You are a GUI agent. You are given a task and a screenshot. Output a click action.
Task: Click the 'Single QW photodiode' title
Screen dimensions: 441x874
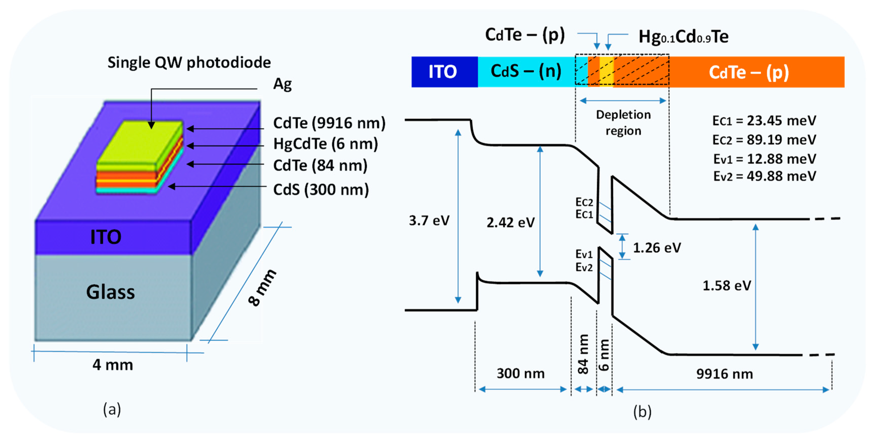pos(189,62)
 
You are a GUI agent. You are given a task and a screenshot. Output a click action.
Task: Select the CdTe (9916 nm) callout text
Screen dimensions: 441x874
pos(329,123)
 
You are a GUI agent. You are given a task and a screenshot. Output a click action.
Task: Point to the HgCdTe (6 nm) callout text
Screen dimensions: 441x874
pos(325,144)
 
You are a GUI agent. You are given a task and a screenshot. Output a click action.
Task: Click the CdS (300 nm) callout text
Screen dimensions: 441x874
pos(321,190)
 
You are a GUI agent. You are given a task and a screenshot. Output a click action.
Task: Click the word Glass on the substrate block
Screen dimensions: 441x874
pos(110,292)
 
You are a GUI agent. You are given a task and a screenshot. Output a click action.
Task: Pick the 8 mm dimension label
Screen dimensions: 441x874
pos(262,288)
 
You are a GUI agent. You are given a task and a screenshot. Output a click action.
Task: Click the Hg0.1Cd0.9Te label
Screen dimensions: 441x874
pos(683,37)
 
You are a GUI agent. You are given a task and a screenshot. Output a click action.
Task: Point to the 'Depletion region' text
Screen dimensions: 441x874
pos(623,123)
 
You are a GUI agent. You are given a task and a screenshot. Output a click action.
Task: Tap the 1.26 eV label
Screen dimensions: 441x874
pos(657,248)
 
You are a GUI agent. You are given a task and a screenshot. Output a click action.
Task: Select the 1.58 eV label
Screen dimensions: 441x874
pos(726,286)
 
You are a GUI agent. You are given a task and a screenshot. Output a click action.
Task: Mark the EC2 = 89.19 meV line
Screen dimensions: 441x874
pos(764,140)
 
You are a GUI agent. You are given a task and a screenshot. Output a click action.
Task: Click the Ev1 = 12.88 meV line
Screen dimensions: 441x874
pos(764,159)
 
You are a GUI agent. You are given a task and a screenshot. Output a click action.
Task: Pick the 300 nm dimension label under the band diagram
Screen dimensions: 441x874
pos(520,373)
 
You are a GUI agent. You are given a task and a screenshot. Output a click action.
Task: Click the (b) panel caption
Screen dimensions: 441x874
pos(642,412)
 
